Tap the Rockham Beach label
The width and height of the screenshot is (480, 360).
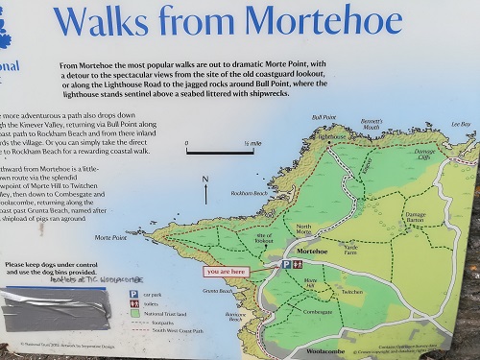(249, 193)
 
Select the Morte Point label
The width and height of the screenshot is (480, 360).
(110, 237)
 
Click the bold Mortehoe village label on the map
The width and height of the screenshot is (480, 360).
(313, 251)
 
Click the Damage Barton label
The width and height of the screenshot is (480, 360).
(416, 217)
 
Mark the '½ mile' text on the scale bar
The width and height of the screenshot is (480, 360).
(252, 144)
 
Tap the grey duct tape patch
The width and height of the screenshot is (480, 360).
(48, 312)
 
